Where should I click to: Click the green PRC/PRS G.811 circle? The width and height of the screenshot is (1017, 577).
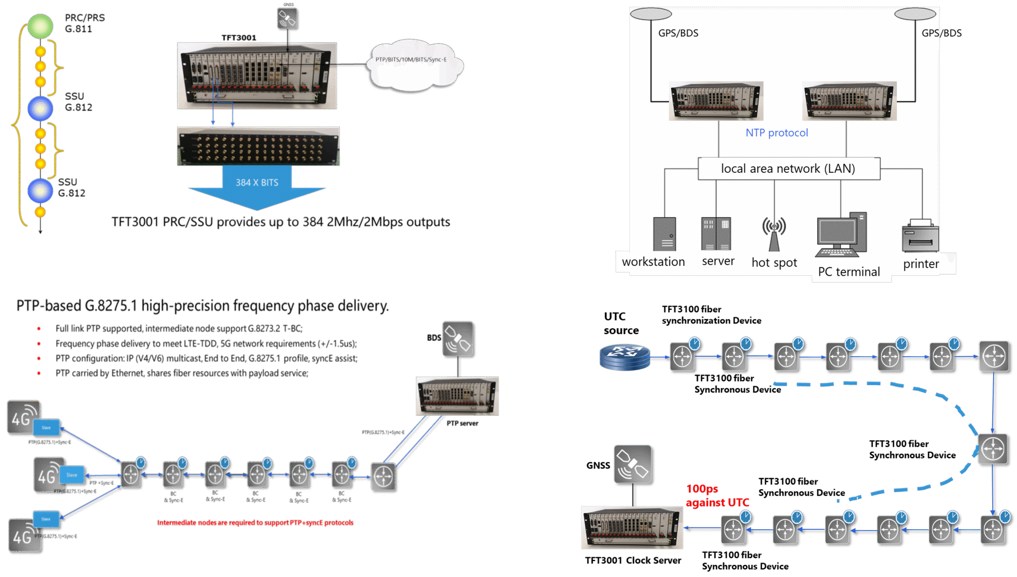tap(40, 26)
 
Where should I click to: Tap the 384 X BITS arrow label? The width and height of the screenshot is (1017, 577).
tap(257, 183)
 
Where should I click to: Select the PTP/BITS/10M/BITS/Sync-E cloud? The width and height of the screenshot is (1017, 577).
tap(413, 64)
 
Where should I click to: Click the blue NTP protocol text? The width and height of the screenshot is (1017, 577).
tap(777, 133)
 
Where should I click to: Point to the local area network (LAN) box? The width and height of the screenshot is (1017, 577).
tap(789, 169)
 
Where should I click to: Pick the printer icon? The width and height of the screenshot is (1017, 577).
tap(920, 236)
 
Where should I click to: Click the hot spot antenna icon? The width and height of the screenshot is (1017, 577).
tap(774, 234)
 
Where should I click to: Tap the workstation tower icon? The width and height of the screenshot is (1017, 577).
tap(665, 234)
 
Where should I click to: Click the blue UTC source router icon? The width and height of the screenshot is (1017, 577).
tap(625, 357)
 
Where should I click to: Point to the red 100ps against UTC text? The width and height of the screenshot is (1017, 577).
tap(717, 496)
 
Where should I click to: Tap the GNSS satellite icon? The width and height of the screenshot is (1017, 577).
tap(632, 464)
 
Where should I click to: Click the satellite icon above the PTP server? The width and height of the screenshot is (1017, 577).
tap(457, 339)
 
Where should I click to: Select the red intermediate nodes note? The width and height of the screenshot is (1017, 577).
tap(255, 523)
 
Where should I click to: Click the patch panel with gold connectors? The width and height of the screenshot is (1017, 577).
tap(258, 146)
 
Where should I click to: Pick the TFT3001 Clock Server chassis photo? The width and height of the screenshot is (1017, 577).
tap(632, 527)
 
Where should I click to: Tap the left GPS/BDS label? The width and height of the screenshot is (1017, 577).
tap(678, 33)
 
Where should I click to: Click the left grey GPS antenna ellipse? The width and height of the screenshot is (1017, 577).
tap(651, 14)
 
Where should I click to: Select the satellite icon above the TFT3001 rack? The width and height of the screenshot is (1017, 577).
tap(287, 19)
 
